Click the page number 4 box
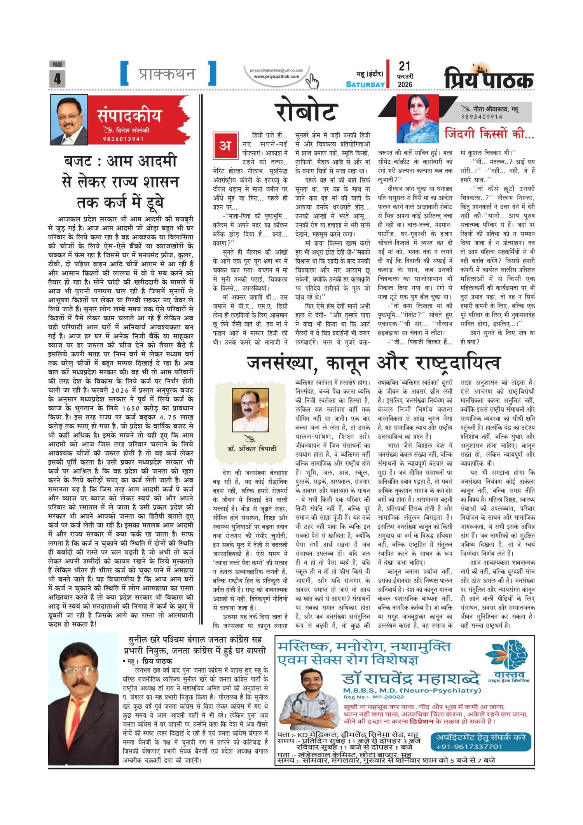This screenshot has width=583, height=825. [57, 79]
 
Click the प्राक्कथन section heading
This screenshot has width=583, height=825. [168, 73]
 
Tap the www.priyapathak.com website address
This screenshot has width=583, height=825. [276, 77]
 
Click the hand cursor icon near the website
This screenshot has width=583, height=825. [312, 81]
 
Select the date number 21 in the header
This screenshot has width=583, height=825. [404, 66]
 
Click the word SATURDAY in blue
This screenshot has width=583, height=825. [365, 84]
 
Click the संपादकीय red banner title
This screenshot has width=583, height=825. [129, 116]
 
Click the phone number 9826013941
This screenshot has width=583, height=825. [123, 139]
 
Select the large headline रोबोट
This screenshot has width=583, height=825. [306, 112]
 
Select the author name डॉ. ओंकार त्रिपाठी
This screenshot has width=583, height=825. [251, 448]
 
